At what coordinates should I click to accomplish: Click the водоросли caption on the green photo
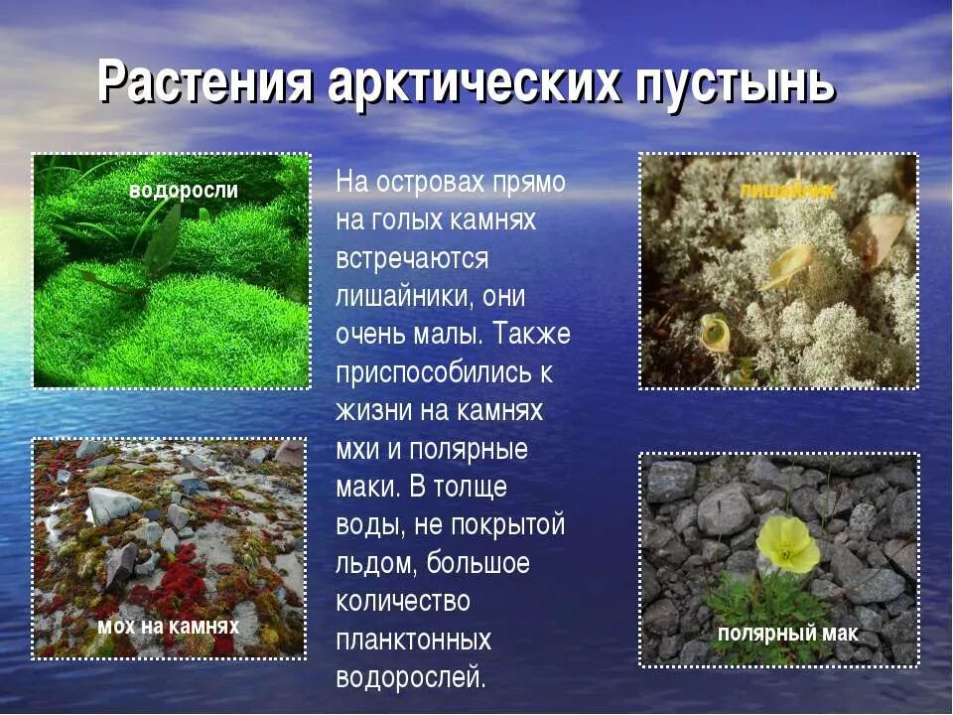point(184,191)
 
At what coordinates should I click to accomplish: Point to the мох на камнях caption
point(168,627)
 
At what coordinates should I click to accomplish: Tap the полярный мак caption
point(787,635)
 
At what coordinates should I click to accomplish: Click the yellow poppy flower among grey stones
point(788,544)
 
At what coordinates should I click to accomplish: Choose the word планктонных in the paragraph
point(414,640)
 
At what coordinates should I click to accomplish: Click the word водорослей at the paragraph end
point(411,678)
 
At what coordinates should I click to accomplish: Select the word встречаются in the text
point(412,259)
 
